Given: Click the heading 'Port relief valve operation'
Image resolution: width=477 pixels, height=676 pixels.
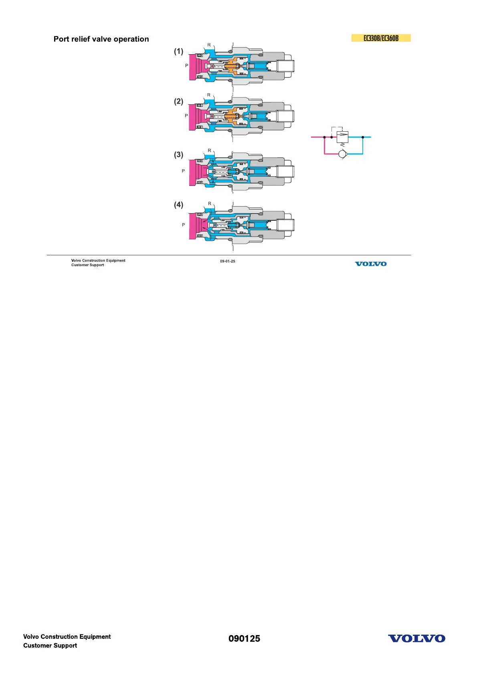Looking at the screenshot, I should pos(101,39).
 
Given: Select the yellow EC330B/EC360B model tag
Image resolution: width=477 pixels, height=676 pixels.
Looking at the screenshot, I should pos(381,38).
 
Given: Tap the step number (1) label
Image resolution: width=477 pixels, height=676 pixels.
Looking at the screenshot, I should pos(178,51).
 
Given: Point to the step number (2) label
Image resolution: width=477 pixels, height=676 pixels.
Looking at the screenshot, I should pos(178,102).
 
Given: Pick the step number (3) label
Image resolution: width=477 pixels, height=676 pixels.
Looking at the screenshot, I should pos(178,155).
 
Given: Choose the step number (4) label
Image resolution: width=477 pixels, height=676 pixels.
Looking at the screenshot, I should pos(178,205).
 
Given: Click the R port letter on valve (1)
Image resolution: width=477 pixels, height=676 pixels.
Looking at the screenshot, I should pos(209,45).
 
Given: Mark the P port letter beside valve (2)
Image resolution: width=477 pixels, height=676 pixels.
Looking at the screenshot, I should pos(186,116).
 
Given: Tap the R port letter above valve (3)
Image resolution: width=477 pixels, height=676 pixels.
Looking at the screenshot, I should pos(209,151).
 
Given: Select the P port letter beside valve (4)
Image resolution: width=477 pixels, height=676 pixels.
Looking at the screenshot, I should pos(184,225).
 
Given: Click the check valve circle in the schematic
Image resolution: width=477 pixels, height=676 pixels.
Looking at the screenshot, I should pos(342,154).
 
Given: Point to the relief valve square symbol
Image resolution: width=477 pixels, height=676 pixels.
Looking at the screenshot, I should pos(342,137).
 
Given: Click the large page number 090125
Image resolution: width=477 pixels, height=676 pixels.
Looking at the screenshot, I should pos(244,639).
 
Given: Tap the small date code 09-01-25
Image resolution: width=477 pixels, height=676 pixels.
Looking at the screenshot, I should pos(227,261).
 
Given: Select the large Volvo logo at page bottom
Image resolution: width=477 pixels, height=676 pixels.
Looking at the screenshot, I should pos(416,639).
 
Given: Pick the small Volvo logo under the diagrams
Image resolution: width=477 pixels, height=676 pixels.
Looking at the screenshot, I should pos(371,264).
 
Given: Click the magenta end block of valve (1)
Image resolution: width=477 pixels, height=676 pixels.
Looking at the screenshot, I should pos(193,66).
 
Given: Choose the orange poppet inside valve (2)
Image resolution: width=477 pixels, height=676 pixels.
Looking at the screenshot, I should pos(232,116).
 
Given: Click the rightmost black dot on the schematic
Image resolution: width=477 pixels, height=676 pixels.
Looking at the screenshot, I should pos(363,137).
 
